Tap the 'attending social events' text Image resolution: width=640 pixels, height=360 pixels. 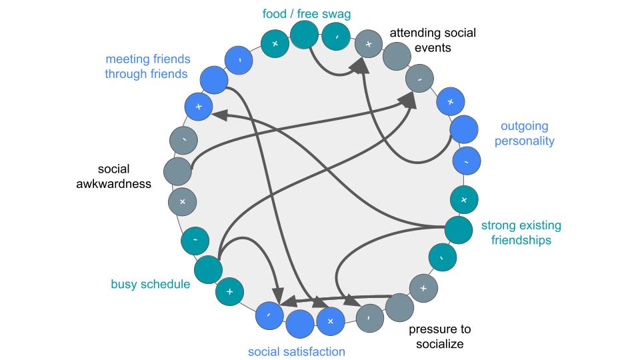pos(423,40)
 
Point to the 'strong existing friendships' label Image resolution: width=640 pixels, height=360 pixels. pos(521,233)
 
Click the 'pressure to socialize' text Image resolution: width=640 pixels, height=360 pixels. pos(440,337)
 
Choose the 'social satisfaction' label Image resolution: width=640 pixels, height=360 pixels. pos(297,351)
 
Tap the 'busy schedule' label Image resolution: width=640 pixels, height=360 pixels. pos(151,285)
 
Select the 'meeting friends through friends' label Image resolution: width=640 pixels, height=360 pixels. pos(147,67)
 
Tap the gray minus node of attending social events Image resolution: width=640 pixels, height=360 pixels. pos(419,79)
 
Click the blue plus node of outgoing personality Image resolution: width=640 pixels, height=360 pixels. pos(450,101)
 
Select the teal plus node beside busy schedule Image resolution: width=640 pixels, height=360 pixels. pos(229,291)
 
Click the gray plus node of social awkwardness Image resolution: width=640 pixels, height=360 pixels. pos(182,201)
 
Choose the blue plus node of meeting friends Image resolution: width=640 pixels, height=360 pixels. pos(198,106)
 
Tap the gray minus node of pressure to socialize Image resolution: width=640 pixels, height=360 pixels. pos(369,317)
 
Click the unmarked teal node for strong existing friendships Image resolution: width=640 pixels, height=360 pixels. pos(459,229)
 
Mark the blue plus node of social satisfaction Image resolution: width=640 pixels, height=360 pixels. pos(329,321)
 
